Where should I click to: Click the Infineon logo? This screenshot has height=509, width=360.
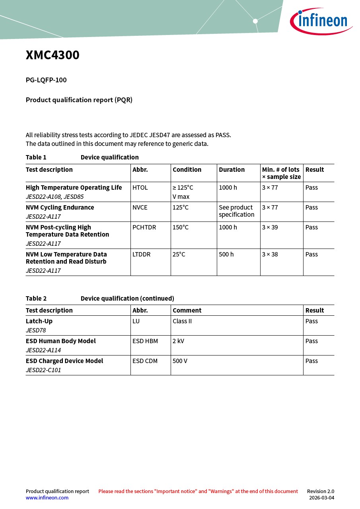[x=321, y=21]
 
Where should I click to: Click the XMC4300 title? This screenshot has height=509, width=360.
[x=53, y=55]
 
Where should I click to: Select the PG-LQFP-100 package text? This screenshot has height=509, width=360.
[x=46, y=80]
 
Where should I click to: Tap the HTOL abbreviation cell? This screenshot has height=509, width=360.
[x=140, y=188]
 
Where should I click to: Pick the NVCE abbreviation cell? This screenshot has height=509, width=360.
[x=140, y=208]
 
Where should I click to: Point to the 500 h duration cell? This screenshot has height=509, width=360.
[x=226, y=254]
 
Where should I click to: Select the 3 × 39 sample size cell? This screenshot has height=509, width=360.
[x=270, y=227]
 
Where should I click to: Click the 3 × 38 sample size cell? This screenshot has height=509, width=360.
[x=270, y=254]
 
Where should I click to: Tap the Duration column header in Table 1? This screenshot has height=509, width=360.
[x=232, y=170]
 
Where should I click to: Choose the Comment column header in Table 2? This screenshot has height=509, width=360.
[x=187, y=311]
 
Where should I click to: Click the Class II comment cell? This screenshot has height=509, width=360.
[x=182, y=321]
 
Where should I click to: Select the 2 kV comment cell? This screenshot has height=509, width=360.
[x=178, y=341]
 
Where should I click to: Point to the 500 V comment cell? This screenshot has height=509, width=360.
[x=180, y=361]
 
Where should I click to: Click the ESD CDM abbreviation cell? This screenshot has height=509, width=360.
[x=145, y=361]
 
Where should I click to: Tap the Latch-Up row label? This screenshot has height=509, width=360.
[x=39, y=321]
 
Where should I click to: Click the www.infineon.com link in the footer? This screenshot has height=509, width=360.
[x=47, y=498]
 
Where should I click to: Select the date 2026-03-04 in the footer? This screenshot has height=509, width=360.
[x=321, y=498]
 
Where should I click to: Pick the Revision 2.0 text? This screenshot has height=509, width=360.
[x=320, y=492]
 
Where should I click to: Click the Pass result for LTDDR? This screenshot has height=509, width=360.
[x=311, y=254]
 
